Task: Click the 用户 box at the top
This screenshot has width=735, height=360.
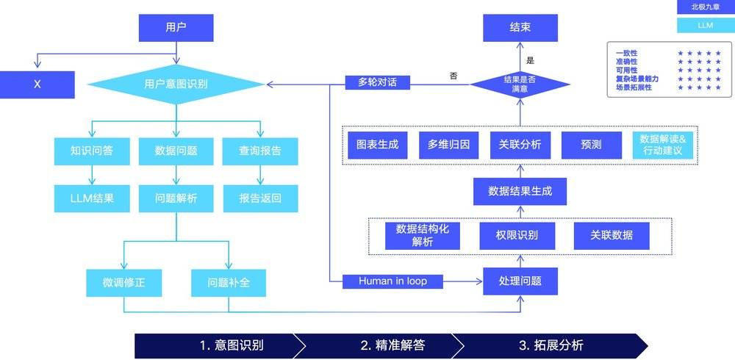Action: coord(176,28)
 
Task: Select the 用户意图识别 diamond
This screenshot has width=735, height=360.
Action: coord(176,84)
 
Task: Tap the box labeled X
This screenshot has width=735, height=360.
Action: coord(37,84)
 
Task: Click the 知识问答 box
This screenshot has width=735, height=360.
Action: coord(92,151)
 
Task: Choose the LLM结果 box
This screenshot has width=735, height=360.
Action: coord(92,198)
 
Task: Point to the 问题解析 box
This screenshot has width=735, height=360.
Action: coord(176,198)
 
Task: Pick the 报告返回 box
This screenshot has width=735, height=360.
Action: coord(260,198)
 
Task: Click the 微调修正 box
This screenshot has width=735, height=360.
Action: coord(123,283)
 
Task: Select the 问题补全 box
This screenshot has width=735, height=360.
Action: coord(229,283)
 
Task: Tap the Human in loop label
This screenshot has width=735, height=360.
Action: coord(392,281)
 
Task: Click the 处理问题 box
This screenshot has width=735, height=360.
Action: coord(520,281)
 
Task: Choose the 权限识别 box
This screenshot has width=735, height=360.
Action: coord(517,236)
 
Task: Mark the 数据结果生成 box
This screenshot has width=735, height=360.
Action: coord(520,191)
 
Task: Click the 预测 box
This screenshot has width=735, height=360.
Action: coord(592,145)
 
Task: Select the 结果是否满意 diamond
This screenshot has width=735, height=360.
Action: coord(520,84)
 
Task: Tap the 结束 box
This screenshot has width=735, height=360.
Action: coord(520,28)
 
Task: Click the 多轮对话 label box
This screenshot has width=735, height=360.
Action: coord(377,82)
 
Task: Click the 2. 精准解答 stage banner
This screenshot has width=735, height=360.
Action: coord(392,346)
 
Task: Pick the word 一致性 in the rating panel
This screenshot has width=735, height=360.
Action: coord(627,54)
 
